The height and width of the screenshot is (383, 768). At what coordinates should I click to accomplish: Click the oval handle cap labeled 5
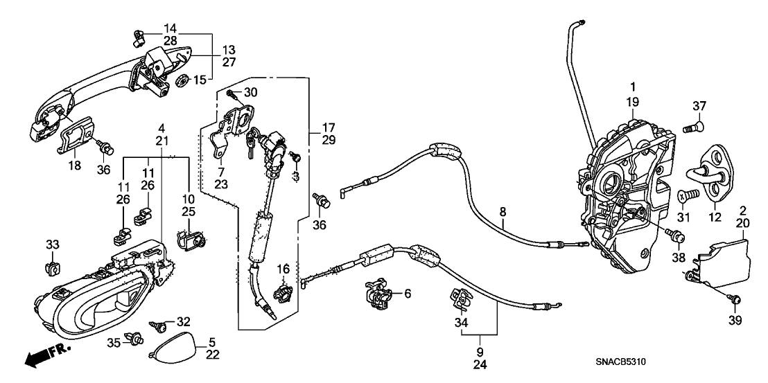[170, 349]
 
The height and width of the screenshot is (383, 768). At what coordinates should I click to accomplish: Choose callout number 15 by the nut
[200, 81]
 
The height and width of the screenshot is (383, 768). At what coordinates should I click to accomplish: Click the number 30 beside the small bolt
[250, 93]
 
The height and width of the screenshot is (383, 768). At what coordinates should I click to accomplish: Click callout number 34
[460, 322]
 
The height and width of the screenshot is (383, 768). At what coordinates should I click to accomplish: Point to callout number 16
[283, 269]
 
